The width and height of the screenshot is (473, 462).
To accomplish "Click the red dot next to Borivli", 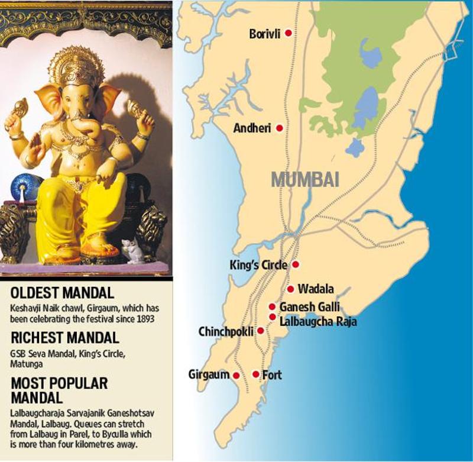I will point(289,34).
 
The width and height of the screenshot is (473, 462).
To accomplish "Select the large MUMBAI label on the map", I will point(305,179).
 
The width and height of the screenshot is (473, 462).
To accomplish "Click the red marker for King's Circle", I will point(296,265).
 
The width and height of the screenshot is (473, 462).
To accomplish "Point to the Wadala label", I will point(316,289).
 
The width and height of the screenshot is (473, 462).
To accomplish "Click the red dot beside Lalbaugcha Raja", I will point(273,317).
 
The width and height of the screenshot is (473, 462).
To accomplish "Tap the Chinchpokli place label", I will point(226,331).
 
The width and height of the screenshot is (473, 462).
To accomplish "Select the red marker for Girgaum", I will point(236,376).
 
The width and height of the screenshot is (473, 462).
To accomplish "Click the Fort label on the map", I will point(272,374).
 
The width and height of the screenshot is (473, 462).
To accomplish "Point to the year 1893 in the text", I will point(144,319).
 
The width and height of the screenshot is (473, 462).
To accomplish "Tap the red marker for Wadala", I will point(291,289).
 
